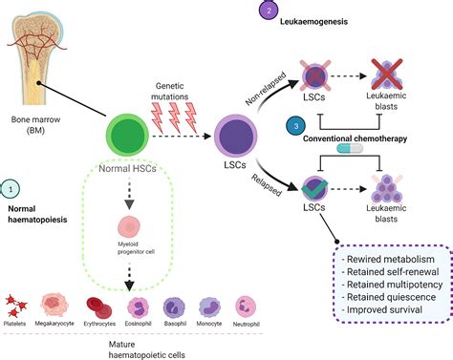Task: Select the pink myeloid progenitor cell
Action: click(x=131, y=230)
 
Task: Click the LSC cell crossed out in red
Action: click(x=312, y=75)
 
